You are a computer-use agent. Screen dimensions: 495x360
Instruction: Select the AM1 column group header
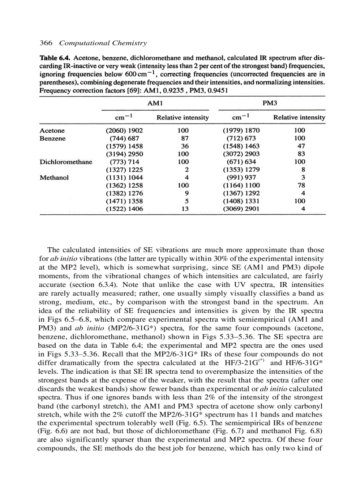point(155,102)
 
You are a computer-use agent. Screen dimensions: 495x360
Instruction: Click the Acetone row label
point(52,130)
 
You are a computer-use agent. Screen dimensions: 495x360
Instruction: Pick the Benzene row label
point(53,138)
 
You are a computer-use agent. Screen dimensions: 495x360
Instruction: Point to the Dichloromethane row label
point(66,162)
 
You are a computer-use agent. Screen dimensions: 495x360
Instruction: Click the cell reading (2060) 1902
point(125,130)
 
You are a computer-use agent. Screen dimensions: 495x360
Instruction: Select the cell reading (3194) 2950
point(125,154)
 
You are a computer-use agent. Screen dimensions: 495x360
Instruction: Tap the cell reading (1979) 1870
point(241,130)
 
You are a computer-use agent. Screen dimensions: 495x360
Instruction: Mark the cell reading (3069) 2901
point(241,209)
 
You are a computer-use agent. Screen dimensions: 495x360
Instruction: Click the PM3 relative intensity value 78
point(302,186)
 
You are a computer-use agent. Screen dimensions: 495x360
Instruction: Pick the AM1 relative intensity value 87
point(185,138)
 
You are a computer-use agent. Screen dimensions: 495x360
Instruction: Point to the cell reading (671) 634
point(241,162)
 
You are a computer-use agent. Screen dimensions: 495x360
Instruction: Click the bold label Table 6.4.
point(55,58)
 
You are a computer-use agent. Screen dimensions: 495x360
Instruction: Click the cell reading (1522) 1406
point(125,209)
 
